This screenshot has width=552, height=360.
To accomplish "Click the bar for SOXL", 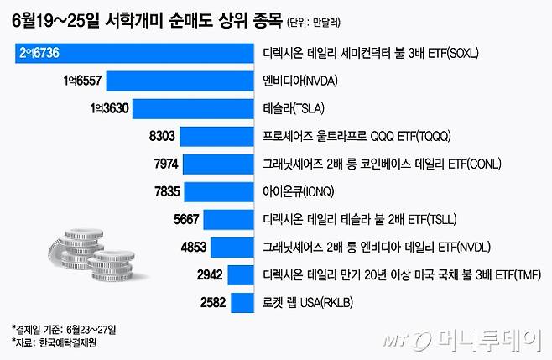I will click(134, 54).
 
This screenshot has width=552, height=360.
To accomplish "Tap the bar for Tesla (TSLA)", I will click(194, 109).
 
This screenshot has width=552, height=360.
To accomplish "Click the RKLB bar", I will click(242, 302).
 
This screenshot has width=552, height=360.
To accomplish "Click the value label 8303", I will click(162, 137).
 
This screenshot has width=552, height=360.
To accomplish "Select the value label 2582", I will click(208, 302).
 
